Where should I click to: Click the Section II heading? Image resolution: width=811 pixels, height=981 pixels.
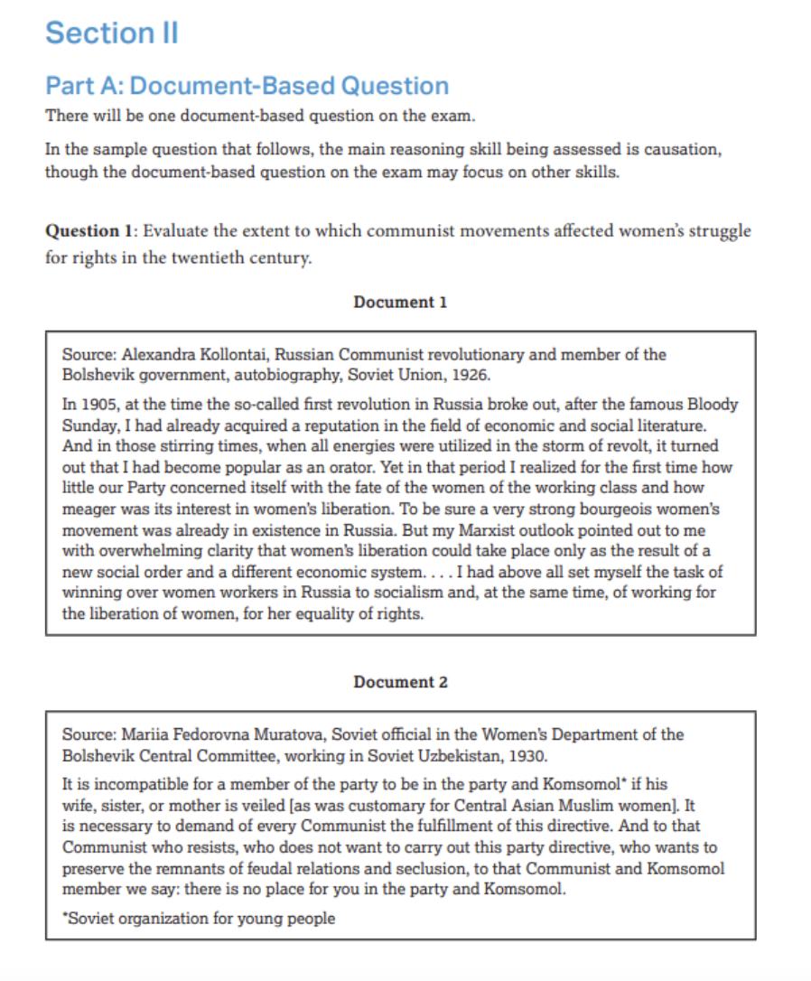tap(112, 33)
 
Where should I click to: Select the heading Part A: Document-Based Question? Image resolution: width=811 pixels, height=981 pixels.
tap(247, 86)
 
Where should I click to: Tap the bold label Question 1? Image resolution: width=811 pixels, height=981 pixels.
tap(88, 230)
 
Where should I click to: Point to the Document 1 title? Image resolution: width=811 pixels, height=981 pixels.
tap(400, 303)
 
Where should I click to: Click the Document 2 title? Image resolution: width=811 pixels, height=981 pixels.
tap(400, 682)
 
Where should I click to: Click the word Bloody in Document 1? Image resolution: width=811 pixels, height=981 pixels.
tap(712, 404)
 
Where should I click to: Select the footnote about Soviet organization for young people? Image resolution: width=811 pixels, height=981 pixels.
tap(199, 919)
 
